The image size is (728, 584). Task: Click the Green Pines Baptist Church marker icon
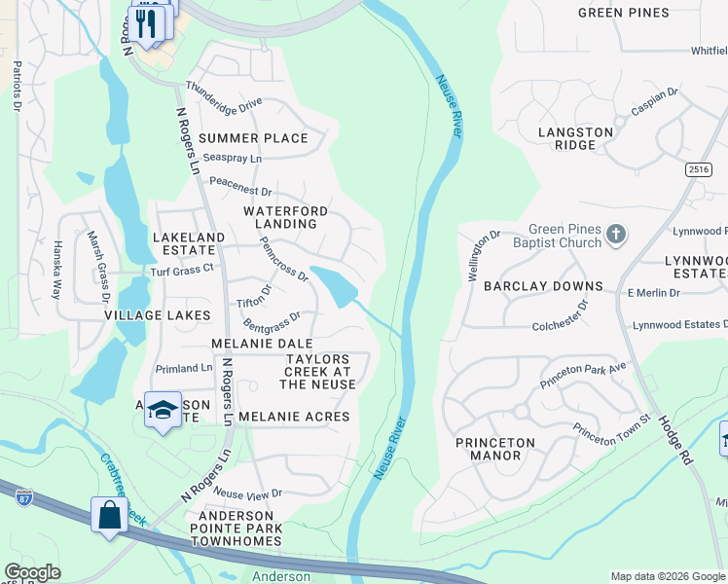click(x=615, y=235)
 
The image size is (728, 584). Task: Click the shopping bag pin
click(x=109, y=515)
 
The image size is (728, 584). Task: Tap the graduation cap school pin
click(x=164, y=410)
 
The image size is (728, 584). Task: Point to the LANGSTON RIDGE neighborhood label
click(x=576, y=138)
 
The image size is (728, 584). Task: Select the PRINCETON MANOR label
click(x=495, y=449)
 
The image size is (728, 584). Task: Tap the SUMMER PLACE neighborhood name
click(x=253, y=138)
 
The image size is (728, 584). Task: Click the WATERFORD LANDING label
click(x=285, y=217)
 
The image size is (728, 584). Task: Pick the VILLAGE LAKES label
click(x=158, y=315)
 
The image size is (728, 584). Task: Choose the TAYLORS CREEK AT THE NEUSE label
click(x=317, y=372)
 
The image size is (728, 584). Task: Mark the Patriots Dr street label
click(x=17, y=87)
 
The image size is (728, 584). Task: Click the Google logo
click(x=32, y=572)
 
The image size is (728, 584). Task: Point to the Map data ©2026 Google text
click(x=667, y=576)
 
